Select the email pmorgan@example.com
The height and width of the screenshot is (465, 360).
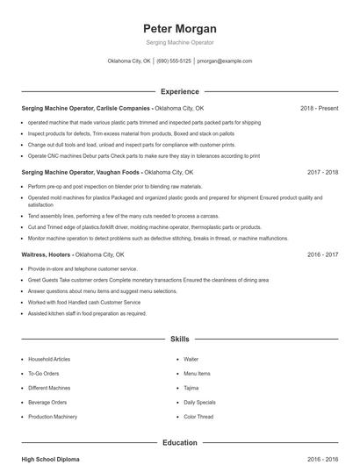[225, 61]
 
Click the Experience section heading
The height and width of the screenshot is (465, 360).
[179, 91]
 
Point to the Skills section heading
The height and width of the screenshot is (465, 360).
[179, 338]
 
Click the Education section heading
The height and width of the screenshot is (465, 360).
[179, 443]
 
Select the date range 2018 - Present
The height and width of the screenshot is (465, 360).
[319, 108]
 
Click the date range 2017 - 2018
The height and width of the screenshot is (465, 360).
[322, 173]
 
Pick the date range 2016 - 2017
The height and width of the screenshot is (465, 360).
[322, 254]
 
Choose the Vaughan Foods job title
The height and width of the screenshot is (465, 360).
[80, 173]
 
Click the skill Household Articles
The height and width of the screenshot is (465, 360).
[50, 360]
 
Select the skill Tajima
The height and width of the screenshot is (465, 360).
[191, 388]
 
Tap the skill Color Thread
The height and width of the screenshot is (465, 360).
[198, 416]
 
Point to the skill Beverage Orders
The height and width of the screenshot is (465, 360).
[47, 402]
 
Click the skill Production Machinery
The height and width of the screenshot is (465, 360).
[53, 416]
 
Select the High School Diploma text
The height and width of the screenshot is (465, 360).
[51, 459]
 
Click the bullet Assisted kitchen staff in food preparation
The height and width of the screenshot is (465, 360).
[87, 313]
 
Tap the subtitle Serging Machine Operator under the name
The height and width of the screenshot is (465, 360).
[179, 42]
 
